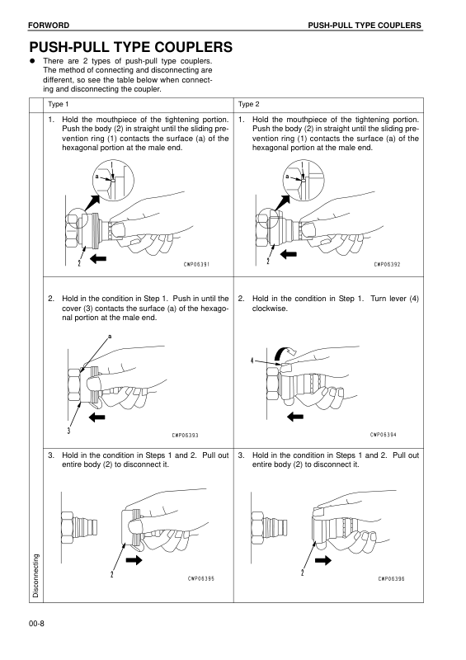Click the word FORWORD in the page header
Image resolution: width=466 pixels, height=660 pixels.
click(x=49, y=26)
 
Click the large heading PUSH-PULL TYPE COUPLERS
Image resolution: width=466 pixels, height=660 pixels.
click(x=131, y=47)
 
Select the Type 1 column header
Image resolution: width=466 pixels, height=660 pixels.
click(x=58, y=104)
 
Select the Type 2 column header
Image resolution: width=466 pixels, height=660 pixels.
click(x=249, y=104)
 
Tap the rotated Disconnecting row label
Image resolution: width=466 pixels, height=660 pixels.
click(x=35, y=575)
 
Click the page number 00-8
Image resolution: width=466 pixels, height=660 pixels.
click(x=36, y=624)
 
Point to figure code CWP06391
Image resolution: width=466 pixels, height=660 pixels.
click(x=196, y=264)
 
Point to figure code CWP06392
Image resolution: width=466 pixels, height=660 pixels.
click(x=388, y=264)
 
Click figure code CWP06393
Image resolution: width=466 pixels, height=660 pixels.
click(x=186, y=436)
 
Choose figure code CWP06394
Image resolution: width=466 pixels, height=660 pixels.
click(x=384, y=435)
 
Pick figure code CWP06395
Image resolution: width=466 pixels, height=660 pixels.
click(x=201, y=578)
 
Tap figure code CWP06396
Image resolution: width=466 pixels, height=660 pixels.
click(x=392, y=579)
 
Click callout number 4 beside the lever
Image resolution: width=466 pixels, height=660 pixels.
click(x=252, y=361)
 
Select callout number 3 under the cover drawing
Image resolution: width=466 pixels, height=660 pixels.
click(x=68, y=431)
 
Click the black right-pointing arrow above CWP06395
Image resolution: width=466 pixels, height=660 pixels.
click(x=134, y=560)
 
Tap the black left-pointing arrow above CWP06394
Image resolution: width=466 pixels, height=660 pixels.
click(x=295, y=417)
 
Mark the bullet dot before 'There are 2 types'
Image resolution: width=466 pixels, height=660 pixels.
click(x=31, y=60)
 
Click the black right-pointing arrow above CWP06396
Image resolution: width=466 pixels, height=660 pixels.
click(x=323, y=560)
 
